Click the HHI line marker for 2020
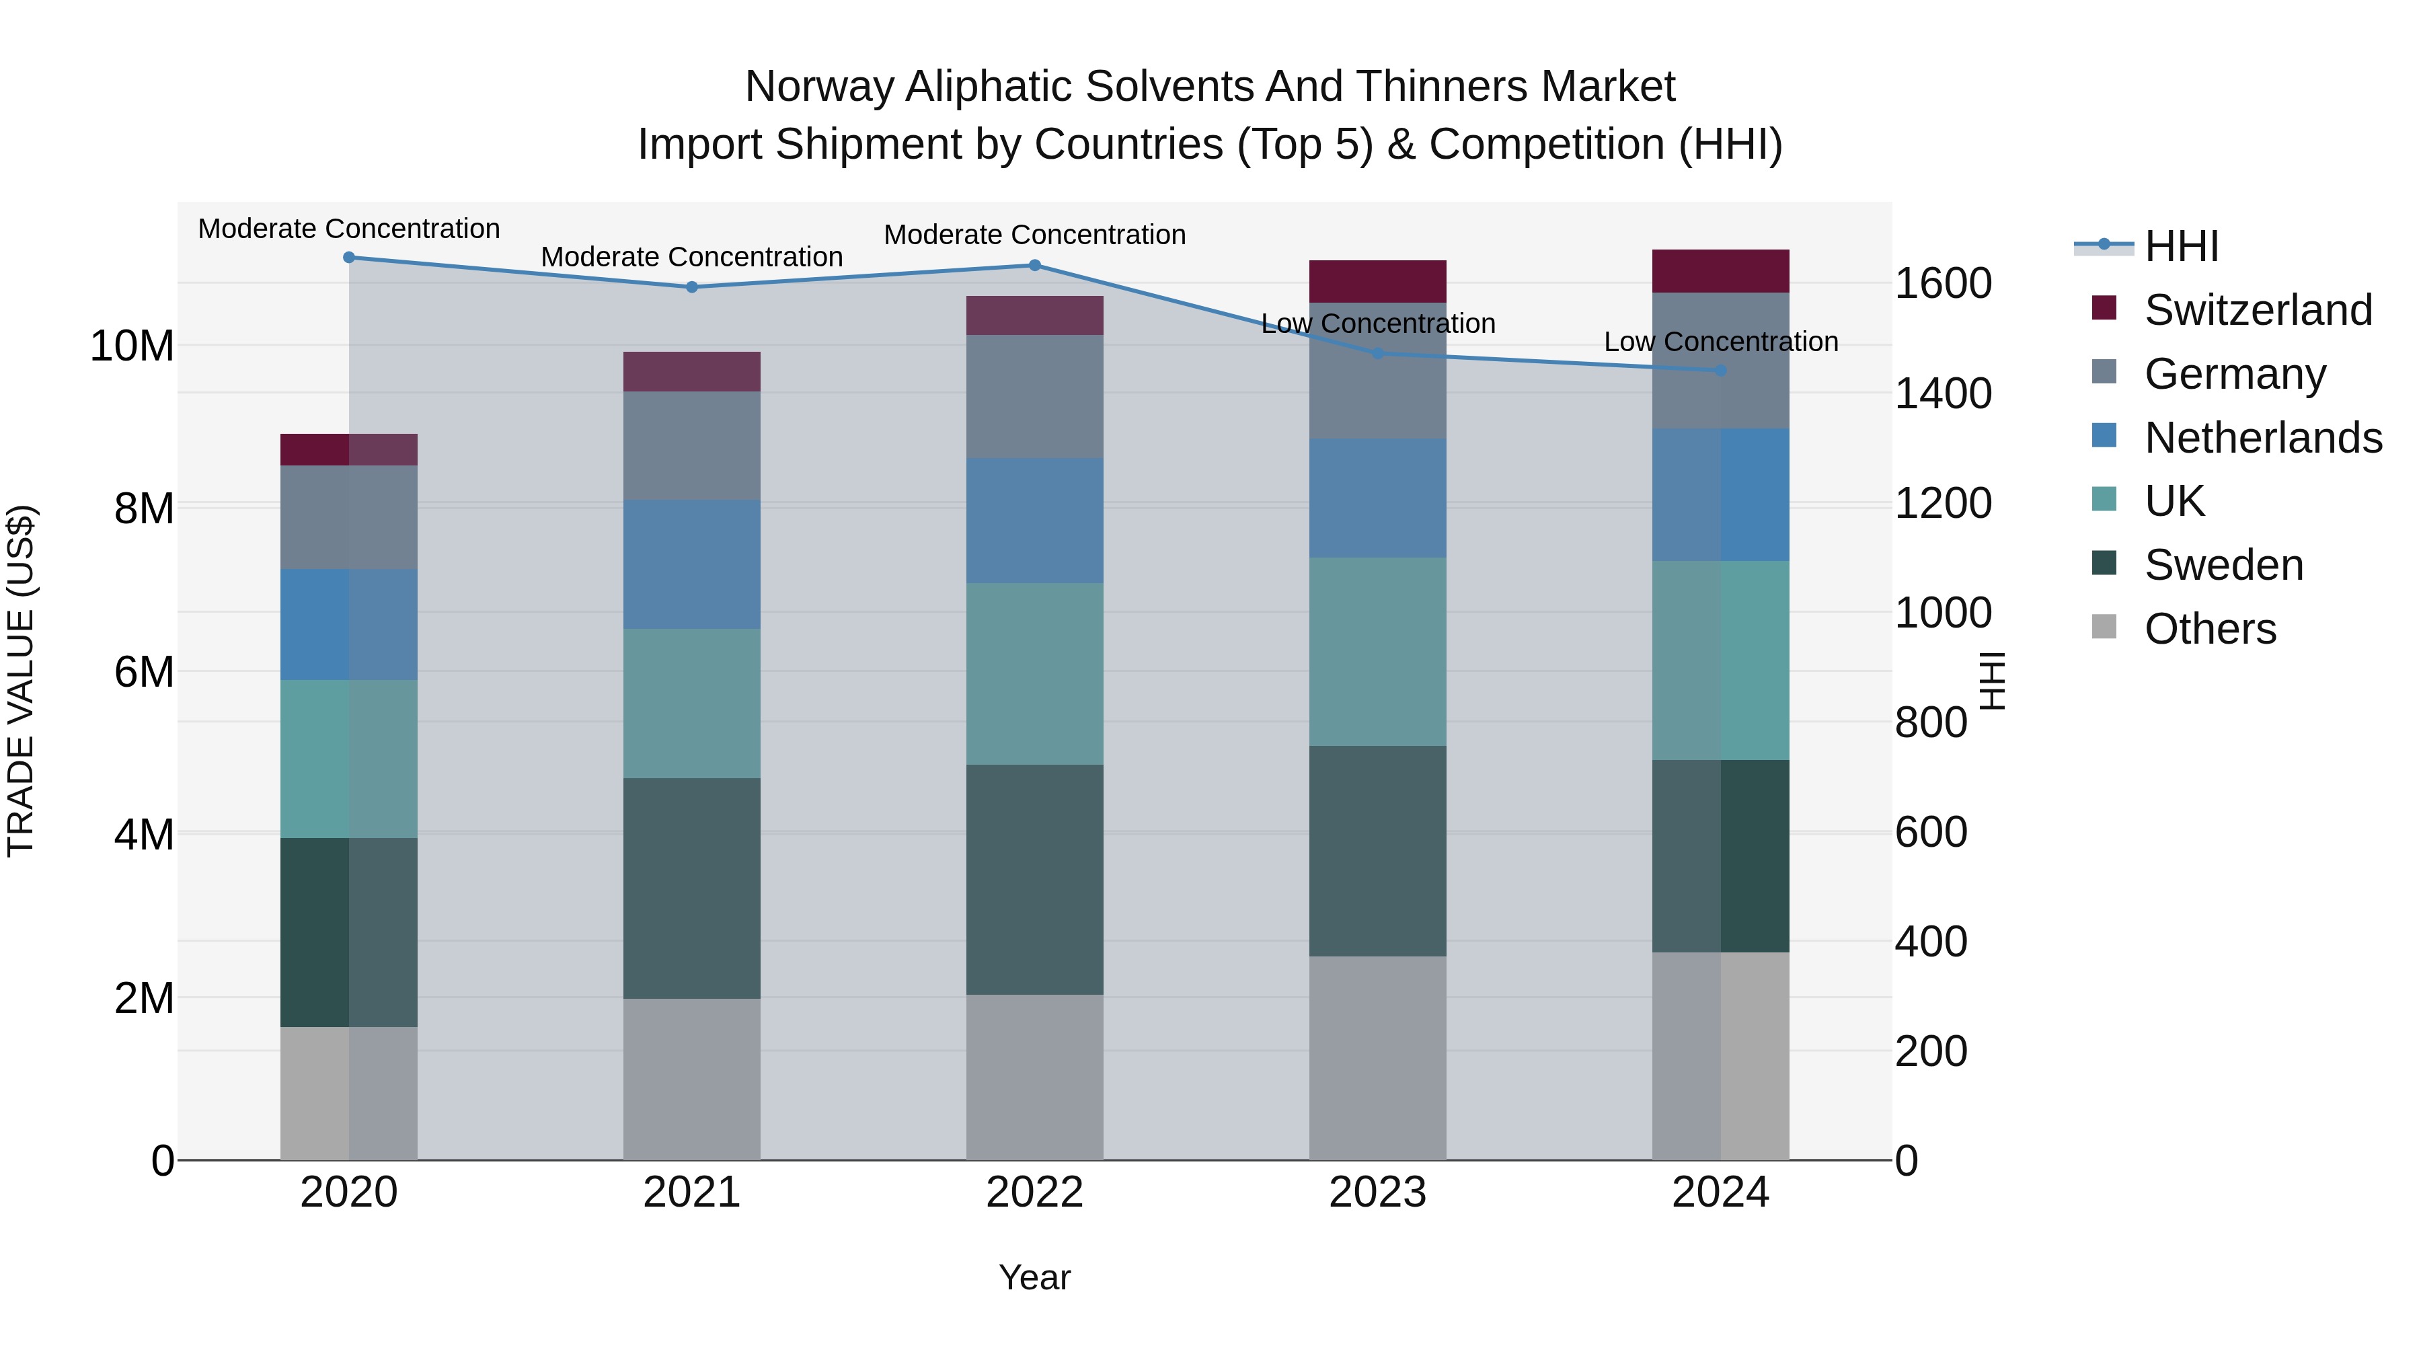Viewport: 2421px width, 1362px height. click(348, 257)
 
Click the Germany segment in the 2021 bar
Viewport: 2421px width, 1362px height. click(692, 445)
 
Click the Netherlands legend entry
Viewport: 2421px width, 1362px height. click(2262, 437)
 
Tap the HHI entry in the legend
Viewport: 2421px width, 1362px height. click(2180, 245)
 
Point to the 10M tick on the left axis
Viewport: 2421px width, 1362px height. click(132, 346)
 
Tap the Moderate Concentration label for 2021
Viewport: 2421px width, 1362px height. click(692, 257)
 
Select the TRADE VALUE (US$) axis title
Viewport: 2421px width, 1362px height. click(21, 681)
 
